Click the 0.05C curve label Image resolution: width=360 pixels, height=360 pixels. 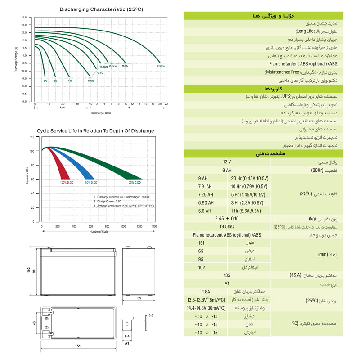coord(161,66)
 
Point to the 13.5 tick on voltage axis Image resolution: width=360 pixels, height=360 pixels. coord(24,17)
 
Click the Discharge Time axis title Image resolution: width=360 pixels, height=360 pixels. coord(100,113)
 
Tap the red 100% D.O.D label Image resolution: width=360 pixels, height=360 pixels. coord(67,182)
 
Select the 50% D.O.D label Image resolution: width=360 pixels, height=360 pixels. coord(91,182)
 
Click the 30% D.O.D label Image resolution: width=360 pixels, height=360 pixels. coord(135,182)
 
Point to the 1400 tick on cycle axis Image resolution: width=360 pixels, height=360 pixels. coord(153,226)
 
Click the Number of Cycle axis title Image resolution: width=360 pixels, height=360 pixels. coord(99,231)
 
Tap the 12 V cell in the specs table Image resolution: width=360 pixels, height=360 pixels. coord(227,162)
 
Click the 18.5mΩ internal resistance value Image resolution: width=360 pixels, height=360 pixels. coord(227,226)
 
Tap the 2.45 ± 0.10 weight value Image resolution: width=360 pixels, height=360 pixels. coord(227,218)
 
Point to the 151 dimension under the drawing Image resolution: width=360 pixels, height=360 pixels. coord(77,346)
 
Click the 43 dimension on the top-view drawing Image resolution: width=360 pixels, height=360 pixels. coord(34,323)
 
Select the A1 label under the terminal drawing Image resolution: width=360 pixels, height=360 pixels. coord(127,343)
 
